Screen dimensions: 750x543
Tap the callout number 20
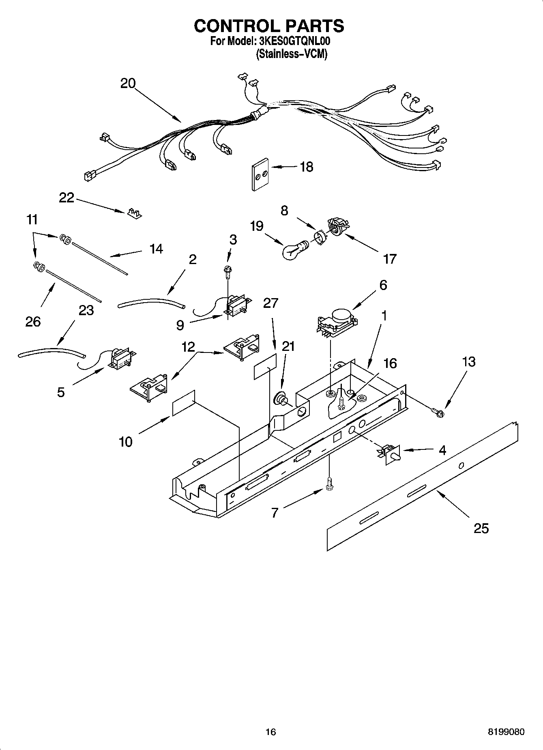tap(128, 83)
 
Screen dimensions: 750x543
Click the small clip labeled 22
tap(134, 213)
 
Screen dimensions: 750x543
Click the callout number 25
tap(481, 529)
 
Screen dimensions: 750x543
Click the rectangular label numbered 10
tap(184, 403)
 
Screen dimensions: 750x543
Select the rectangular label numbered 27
tap(265, 366)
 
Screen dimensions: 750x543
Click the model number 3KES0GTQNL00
tap(294, 41)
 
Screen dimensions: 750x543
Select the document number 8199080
tap(506, 732)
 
